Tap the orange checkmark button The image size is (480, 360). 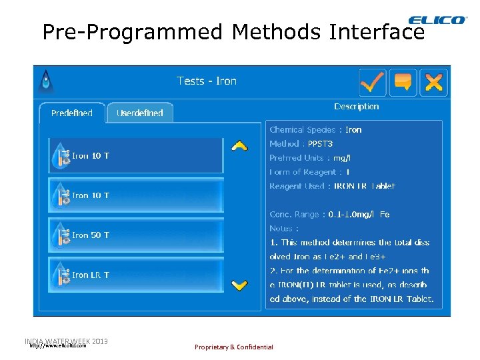(x=373, y=82)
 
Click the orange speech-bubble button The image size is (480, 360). (x=403, y=82)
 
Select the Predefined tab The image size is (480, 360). (x=72, y=113)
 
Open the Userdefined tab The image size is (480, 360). (x=140, y=113)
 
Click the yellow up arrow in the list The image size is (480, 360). (x=239, y=145)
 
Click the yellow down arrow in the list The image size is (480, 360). (x=239, y=285)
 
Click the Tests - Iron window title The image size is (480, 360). (x=207, y=81)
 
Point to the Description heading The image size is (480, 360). (x=356, y=107)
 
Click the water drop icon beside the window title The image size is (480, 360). (x=46, y=81)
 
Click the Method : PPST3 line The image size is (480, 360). (x=301, y=144)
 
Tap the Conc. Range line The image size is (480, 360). (x=329, y=215)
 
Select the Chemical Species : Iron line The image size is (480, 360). (x=315, y=130)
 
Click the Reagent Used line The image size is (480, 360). (x=332, y=186)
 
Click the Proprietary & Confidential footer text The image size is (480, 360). (x=233, y=347)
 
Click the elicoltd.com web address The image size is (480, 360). (x=58, y=346)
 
